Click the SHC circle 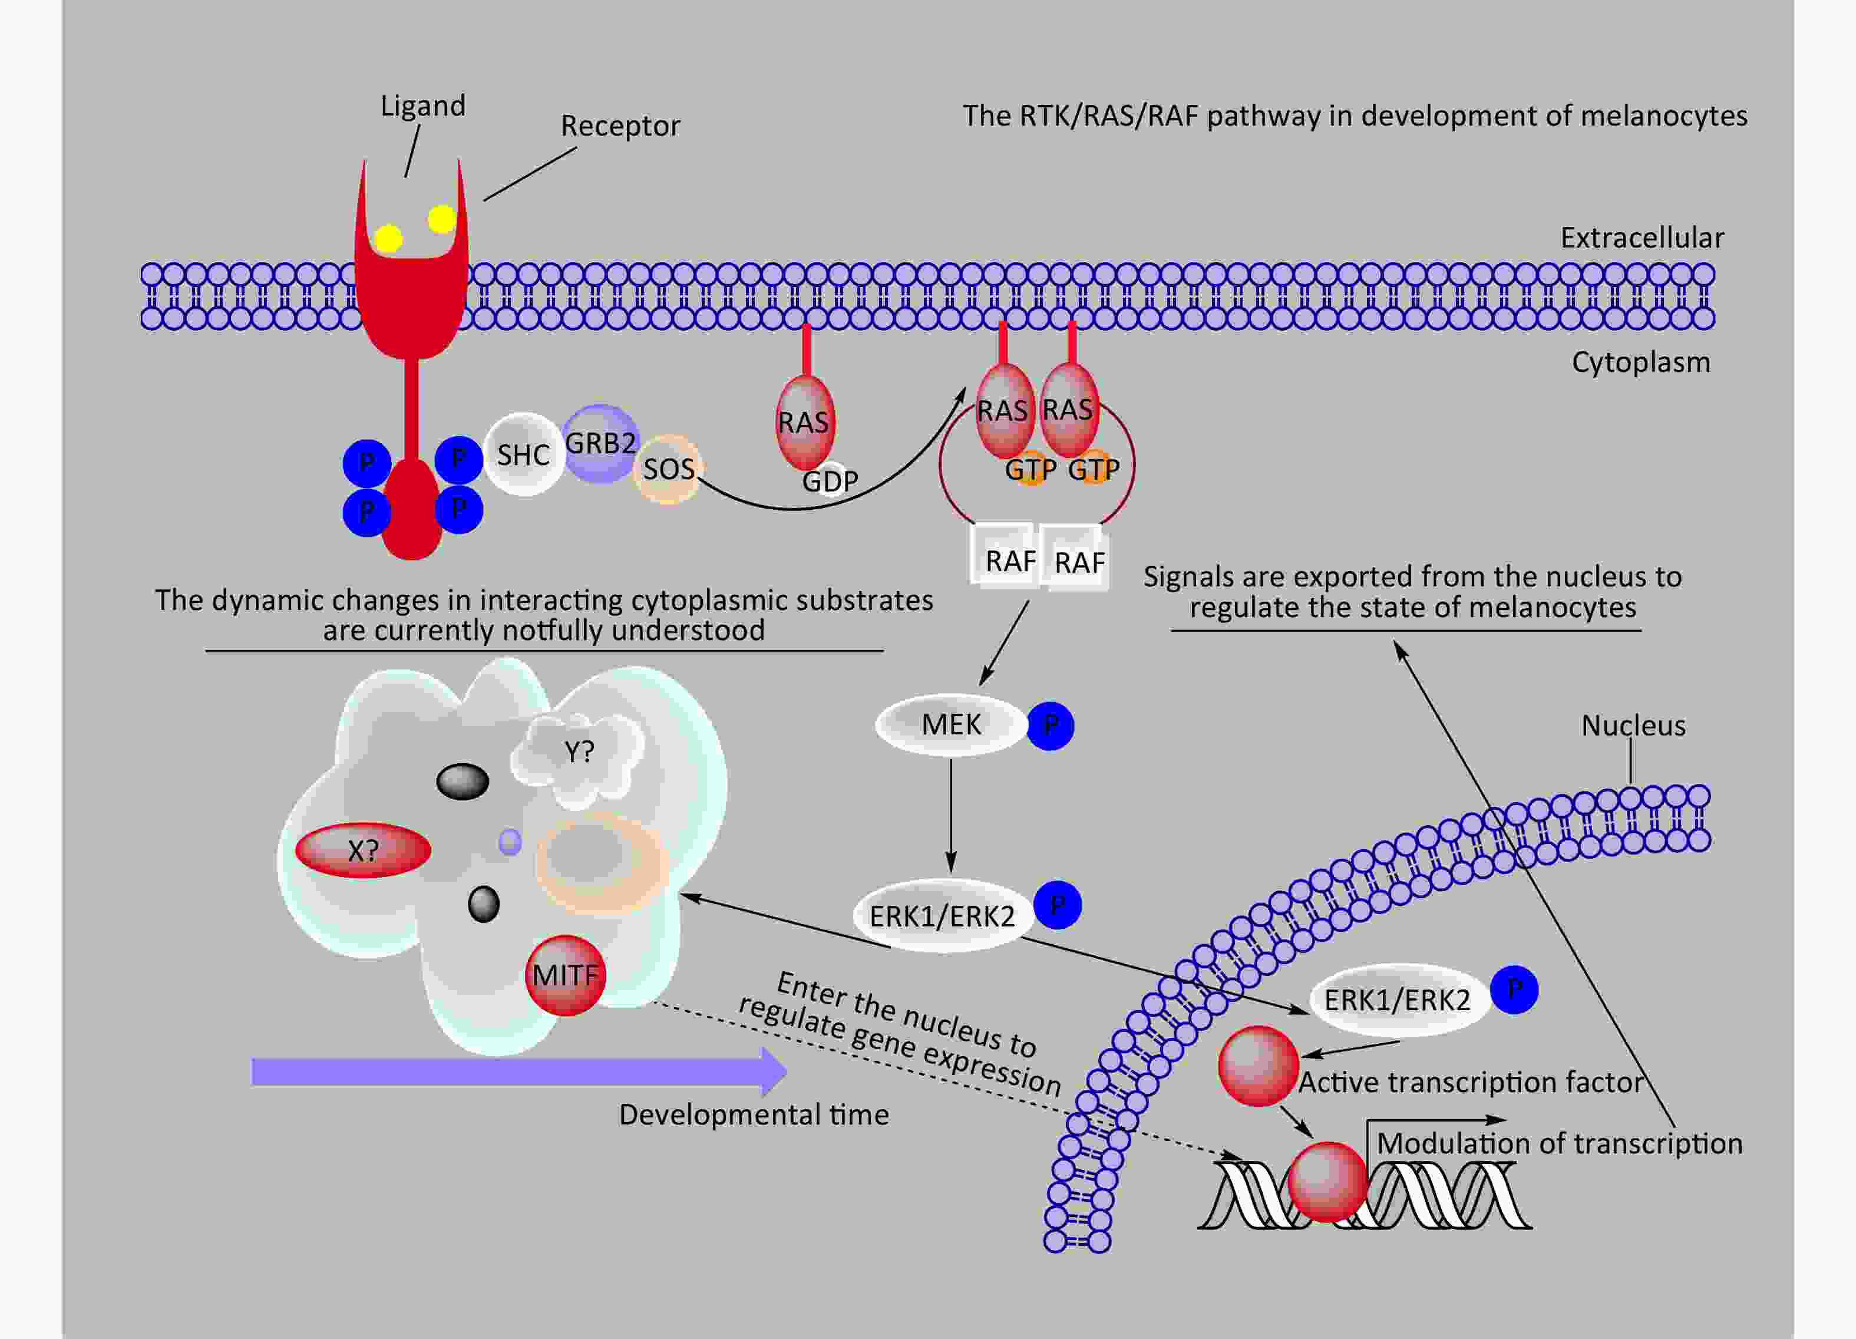pyautogui.click(x=524, y=454)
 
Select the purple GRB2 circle pyautogui.click(x=600, y=444)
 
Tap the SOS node pyautogui.click(x=669, y=469)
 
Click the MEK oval pyautogui.click(x=951, y=724)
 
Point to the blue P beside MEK pyautogui.click(x=1050, y=725)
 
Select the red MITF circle pyautogui.click(x=566, y=975)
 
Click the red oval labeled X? pyautogui.click(x=362, y=850)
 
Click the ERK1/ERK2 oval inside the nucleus pyautogui.click(x=1397, y=1000)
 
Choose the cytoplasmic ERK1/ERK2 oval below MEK pyautogui.click(x=942, y=915)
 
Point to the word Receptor pyautogui.click(x=620, y=126)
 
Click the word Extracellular pyautogui.click(x=1642, y=238)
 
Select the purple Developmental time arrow pyautogui.click(x=519, y=1071)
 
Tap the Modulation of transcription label pyautogui.click(x=1559, y=1143)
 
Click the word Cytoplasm pyautogui.click(x=1641, y=362)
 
